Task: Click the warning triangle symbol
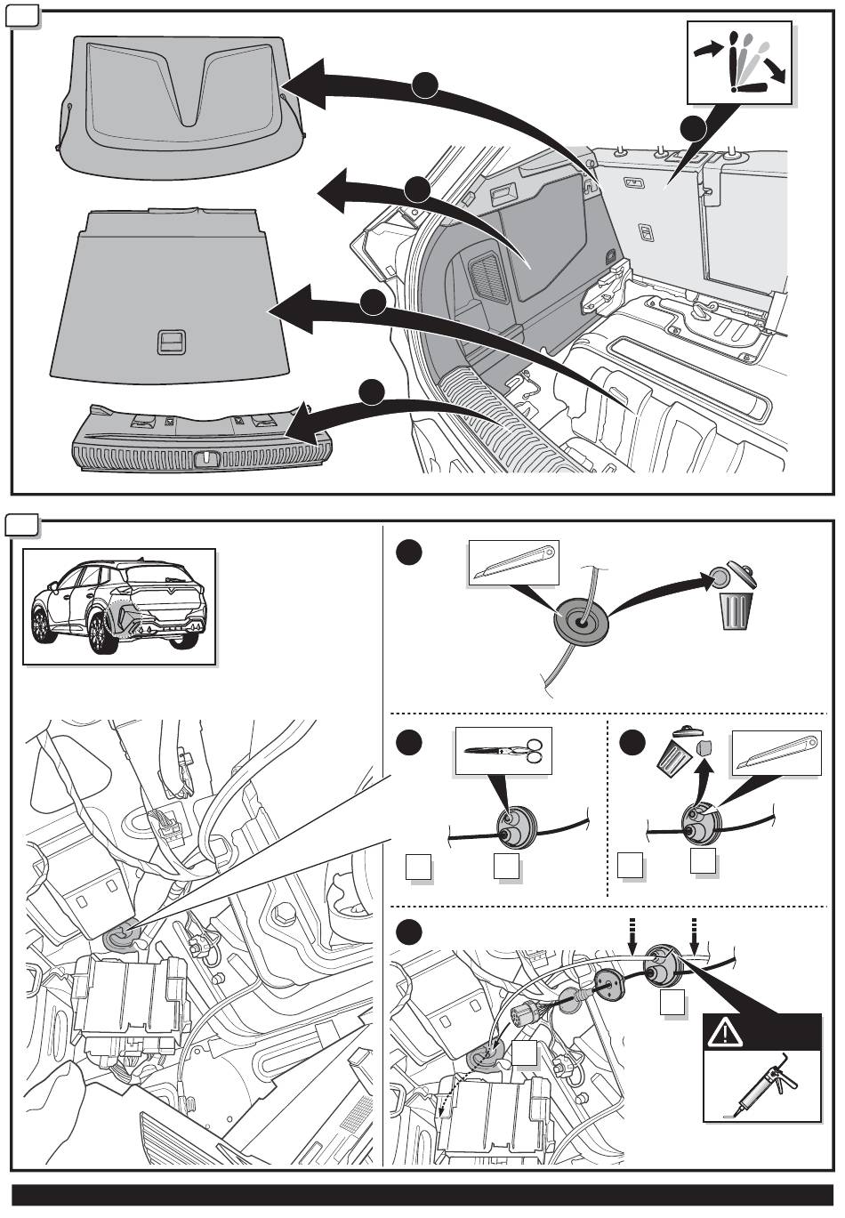tap(724, 1032)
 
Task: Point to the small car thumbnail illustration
tap(119, 605)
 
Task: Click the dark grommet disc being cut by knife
tap(580, 619)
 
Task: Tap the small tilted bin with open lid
tap(676, 752)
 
